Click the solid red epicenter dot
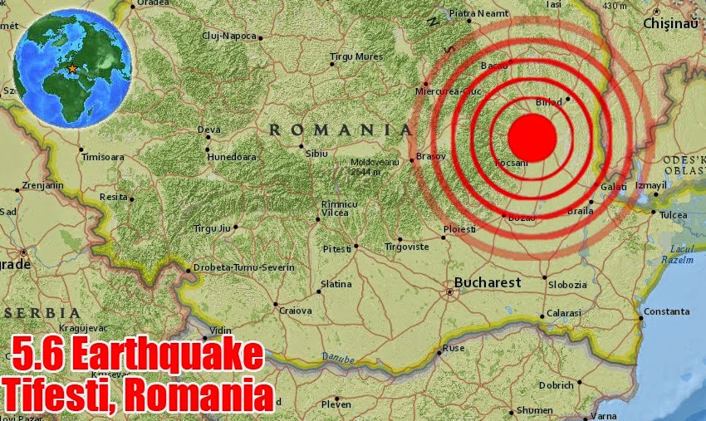click(x=531, y=137)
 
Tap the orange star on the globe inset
click(x=72, y=67)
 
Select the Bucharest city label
click(x=488, y=282)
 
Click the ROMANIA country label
click(x=341, y=130)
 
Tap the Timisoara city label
click(x=102, y=156)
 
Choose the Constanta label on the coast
click(x=666, y=311)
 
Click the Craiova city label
click(x=295, y=311)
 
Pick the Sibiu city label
click(x=316, y=153)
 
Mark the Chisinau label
click(x=674, y=24)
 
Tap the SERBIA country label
click(x=44, y=312)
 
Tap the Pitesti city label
click(x=337, y=248)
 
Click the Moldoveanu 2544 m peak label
click(x=376, y=166)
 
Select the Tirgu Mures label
click(x=356, y=56)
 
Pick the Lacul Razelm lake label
click(x=678, y=254)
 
